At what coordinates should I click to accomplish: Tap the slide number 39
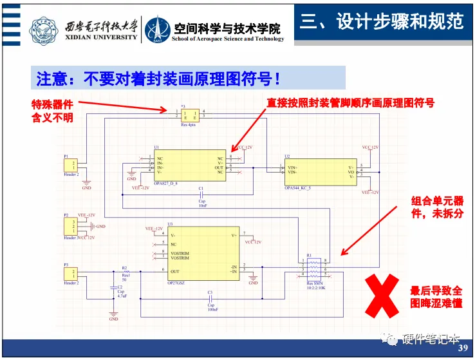pyautogui.click(x=462, y=348)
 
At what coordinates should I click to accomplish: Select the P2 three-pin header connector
pyautogui.click(x=71, y=226)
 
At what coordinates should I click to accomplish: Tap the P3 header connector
pyautogui.click(x=72, y=273)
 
